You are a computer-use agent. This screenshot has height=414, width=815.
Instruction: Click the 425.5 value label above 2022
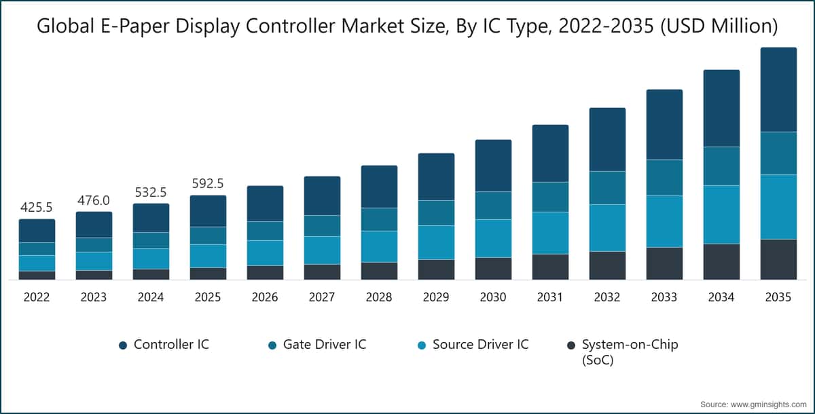(x=37, y=207)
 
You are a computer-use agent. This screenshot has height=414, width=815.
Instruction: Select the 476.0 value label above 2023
(x=94, y=200)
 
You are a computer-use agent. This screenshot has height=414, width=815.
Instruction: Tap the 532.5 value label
(x=151, y=191)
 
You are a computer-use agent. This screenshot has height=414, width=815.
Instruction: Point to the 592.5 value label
(x=208, y=183)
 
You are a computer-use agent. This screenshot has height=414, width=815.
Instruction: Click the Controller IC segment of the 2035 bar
(x=778, y=90)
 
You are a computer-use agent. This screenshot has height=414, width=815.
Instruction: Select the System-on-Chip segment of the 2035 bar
(x=778, y=259)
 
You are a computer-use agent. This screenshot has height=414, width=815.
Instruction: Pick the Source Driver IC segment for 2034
(x=721, y=214)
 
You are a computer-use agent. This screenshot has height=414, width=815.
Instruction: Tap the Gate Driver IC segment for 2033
(x=664, y=178)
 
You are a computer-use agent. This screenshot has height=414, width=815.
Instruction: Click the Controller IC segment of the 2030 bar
(x=493, y=166)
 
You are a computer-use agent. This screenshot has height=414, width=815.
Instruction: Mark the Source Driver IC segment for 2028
(x=379, y=246)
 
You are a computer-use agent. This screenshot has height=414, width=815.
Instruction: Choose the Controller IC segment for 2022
(x=37, y=231)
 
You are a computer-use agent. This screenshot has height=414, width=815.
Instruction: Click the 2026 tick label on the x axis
(x=265, y=297)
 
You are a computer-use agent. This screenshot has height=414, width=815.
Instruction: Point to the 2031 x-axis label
(x=550, y=297)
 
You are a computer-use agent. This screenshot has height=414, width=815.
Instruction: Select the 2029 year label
(x=436, y=297)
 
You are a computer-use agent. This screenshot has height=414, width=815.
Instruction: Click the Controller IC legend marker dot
(x=123, y=345)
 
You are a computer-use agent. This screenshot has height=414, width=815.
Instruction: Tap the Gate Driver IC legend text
(x=324, y=344)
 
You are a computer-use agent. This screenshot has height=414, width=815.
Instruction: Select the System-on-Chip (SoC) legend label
(x=630, y=352)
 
